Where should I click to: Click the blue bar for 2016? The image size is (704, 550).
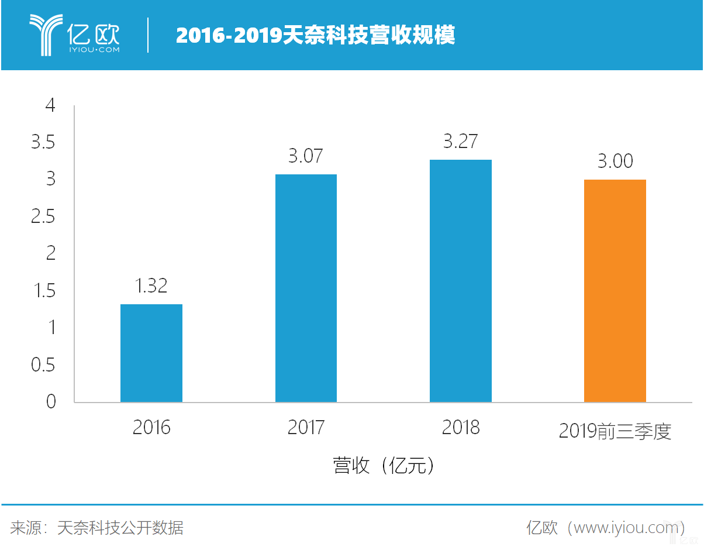pyautogui.click(x=151, y=353)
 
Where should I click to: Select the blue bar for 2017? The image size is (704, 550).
pyautogui.click(x=306, y=288)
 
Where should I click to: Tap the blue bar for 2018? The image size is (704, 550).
pyautogui.click(x=461, y=281)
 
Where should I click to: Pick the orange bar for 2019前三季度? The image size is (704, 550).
pyautogui.click(x=615, y=291)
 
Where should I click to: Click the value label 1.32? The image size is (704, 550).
pyautogui.click(x=151, y=286)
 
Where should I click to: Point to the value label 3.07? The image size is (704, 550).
pyautogui.click(x=306, y=156)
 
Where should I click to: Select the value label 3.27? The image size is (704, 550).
pyautogui.click(x=460, y=142)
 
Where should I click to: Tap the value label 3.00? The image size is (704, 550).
pyautogui.click(x=615, y=161)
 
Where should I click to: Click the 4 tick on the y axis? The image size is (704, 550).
pyautogui.click(x=51, y=106)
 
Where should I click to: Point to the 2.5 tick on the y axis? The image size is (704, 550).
pyautogui.click(x=43, y=217)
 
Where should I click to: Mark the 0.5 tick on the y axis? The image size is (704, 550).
pyautogui.click(x=43, y=365)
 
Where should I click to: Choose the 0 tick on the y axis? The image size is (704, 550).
pyautogui.click(x=51, y=402)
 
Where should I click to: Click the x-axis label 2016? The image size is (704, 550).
pyautogui.click(x=151, y=428)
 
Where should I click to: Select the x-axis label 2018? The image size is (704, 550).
pyautogui.click(x=461, y=428)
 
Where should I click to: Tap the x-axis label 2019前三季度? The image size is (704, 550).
pyautogui.click(x=615, y=431)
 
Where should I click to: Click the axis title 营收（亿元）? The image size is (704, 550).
pyautogui.click(x=384, y=466)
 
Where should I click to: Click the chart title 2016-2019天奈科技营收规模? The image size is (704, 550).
pyautogui.click(x=315, y=36)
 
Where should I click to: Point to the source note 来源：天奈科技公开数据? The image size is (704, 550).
pyautogui.click(x=97, y=528)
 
